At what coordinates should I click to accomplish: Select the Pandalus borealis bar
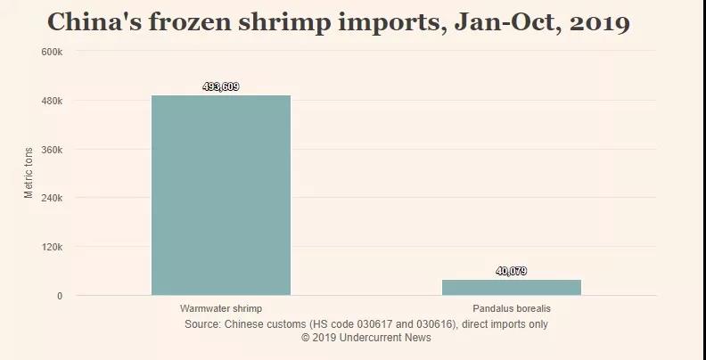click(x=512, y=287)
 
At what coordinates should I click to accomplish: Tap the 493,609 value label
click(x=221, y=86)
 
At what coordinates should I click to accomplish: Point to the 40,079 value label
click(x=512, y=271)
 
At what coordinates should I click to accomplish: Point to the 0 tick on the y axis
click(x=60, y=296)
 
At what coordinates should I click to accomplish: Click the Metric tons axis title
click(x=29, y=173)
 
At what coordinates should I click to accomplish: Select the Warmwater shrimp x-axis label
click(x=221, y=308)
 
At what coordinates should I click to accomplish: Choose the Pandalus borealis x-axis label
click(x=512, y=308)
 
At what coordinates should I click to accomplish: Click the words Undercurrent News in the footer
click(x=386, y=338)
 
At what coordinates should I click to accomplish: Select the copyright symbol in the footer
click(x=306, y=338)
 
